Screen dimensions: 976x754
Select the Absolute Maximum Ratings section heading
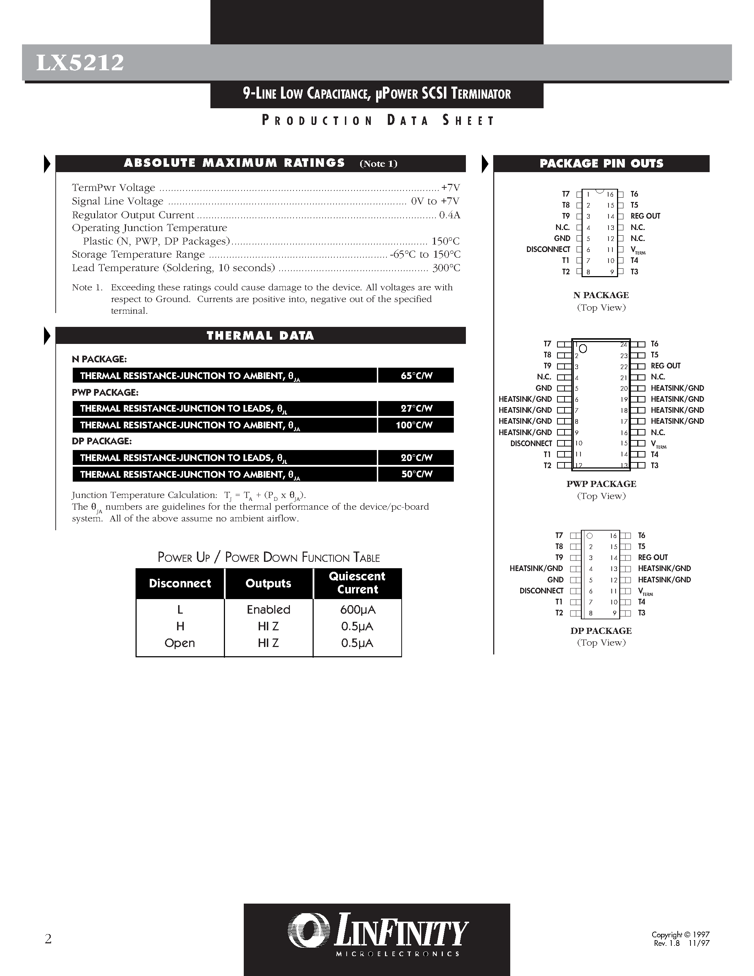tap(235, 163)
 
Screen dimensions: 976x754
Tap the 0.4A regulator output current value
tap(449, 215)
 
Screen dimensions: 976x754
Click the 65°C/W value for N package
tap(416, 376)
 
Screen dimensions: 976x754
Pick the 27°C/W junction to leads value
tap(416, 409)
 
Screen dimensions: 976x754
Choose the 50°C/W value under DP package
tap(416, 474)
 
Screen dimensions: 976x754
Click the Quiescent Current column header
tap(357, 583)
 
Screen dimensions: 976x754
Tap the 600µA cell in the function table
tap(357, 609)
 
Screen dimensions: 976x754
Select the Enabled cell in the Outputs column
tap(269, 609)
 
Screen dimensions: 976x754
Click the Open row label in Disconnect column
tap(180, 643)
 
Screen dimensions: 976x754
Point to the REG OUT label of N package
tap(645, 216)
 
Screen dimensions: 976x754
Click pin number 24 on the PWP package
tap(623, 345)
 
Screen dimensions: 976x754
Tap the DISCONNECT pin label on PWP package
tap(531, 443)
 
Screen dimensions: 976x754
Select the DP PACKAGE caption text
tap(601, 631)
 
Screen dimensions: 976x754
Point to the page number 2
tap(48, 939)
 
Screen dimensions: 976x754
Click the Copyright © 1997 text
tap(680, 934)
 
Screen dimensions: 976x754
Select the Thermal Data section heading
tap(260, 336)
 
